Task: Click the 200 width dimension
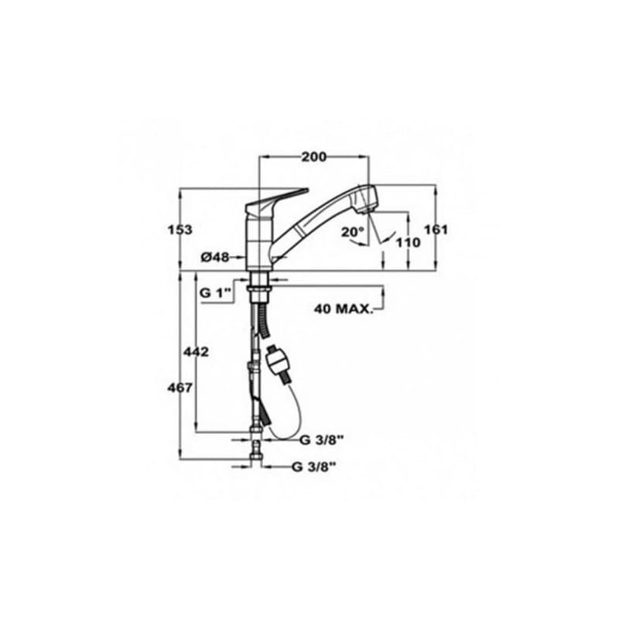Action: [313, 157]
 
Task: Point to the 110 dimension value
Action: [408, 242]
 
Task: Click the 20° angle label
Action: [352, 231]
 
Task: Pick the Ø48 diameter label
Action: [214, 258]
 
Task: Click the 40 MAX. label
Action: [343, 309]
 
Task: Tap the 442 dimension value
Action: [197, 352]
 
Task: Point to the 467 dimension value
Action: [180, 388]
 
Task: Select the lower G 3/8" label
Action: [313, 467]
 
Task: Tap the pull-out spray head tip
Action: [368, 200]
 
